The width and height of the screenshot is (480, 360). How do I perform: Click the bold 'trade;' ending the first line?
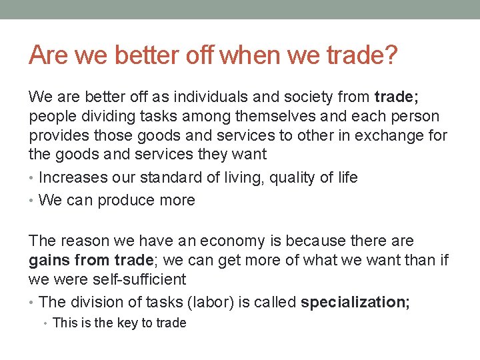[x=397, y=97]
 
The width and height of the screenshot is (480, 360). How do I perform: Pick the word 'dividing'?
[x=99, y=117]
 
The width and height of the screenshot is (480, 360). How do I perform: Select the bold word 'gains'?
[x=49, y=260]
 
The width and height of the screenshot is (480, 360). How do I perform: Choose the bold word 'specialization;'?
[x=355, y=302]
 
